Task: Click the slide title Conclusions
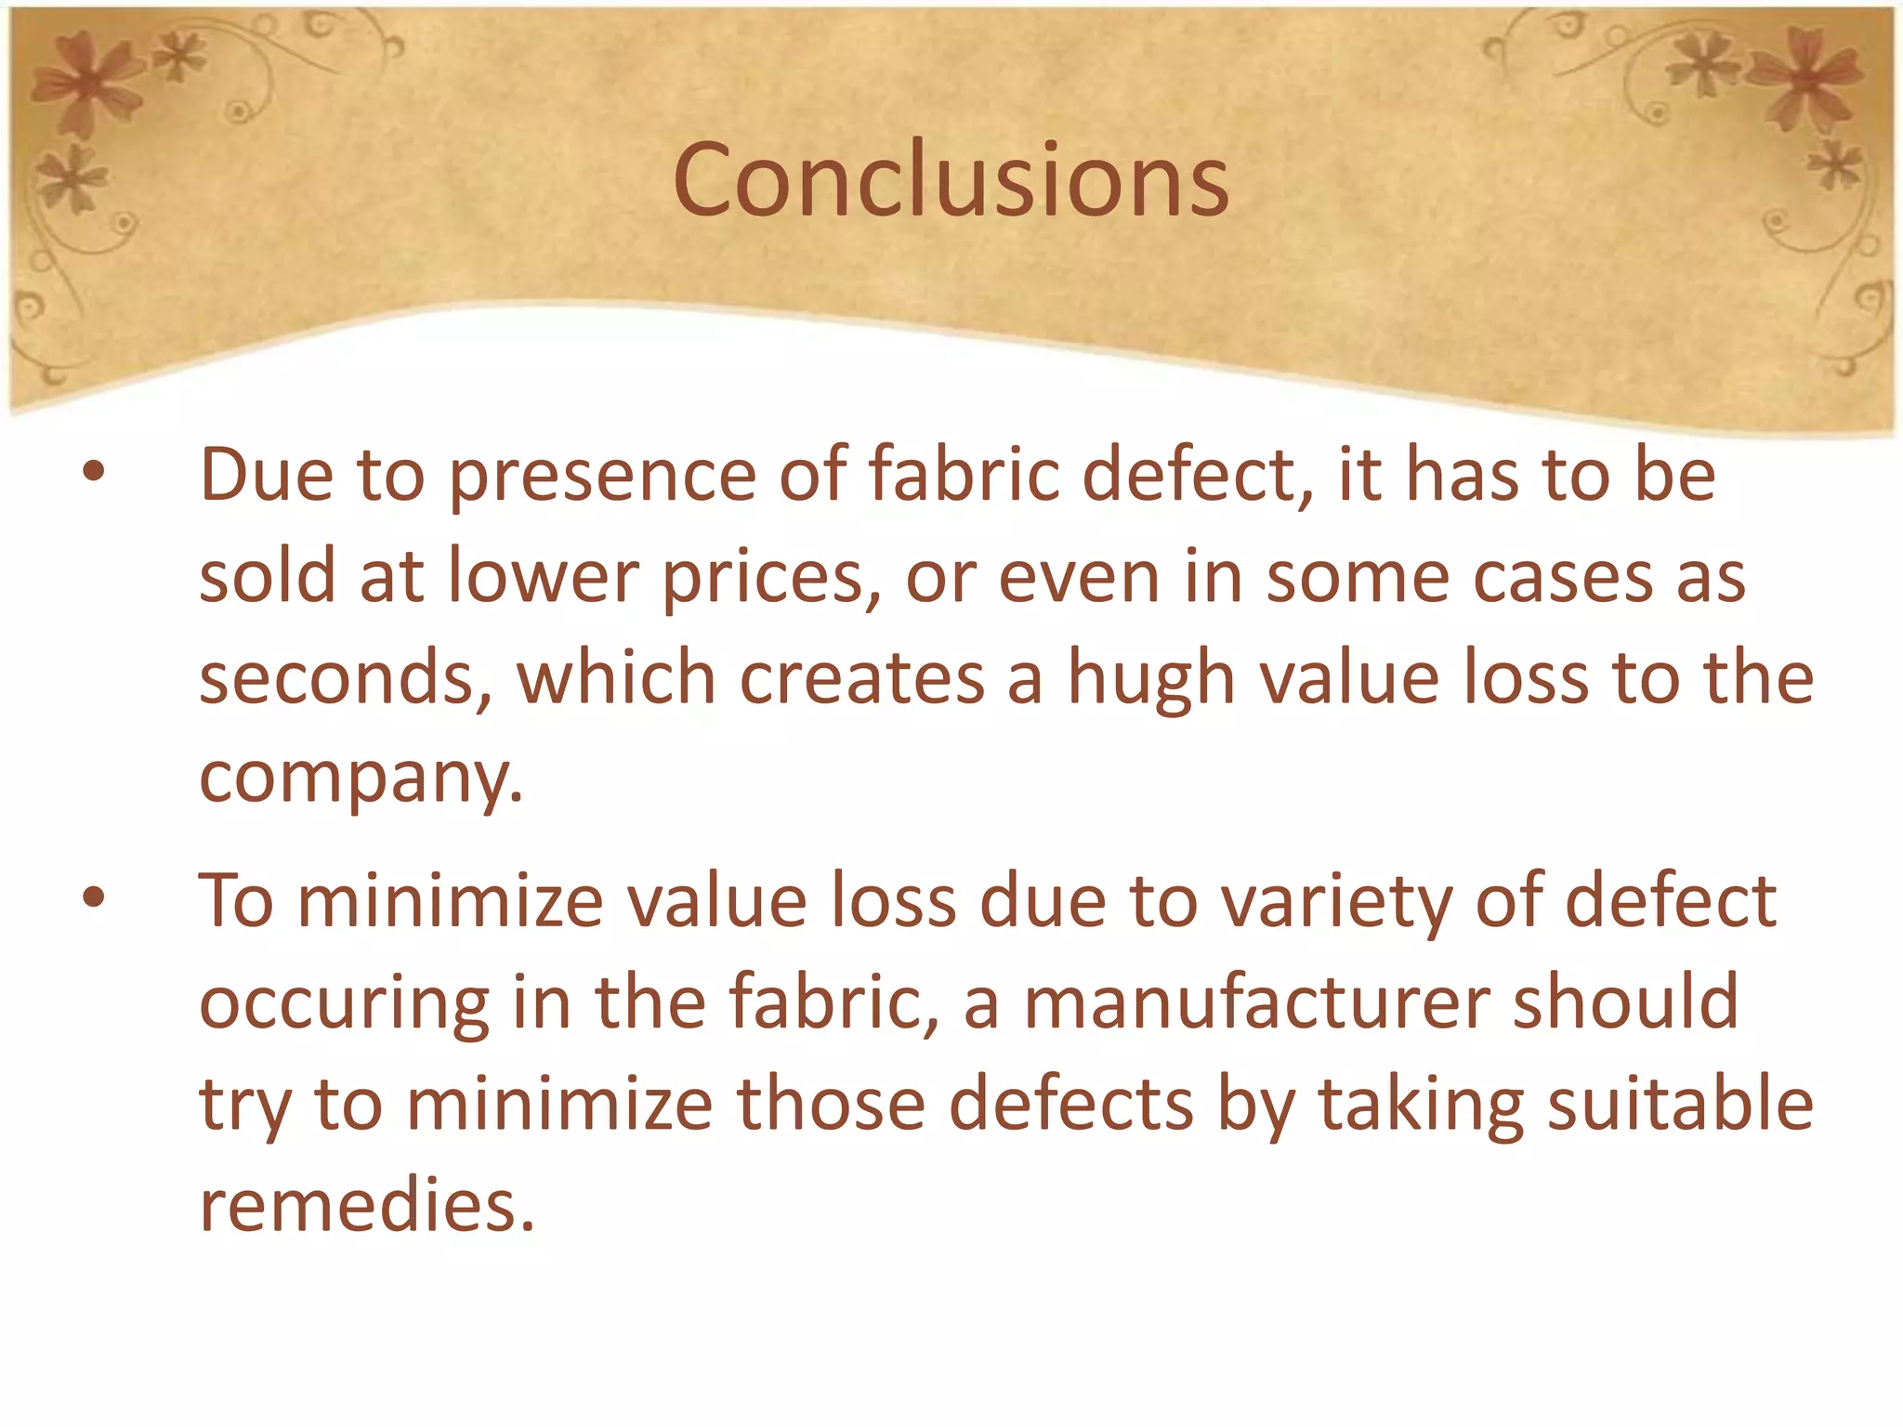[951, 180]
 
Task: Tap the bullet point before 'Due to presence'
[94, 472]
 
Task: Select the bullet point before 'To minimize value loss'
[94, 897]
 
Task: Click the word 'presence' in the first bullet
[603, 477]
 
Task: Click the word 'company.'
[361, 779]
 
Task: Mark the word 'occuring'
[344, 1005]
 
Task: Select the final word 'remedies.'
[368, 1205]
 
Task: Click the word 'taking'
[1421, 1106]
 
